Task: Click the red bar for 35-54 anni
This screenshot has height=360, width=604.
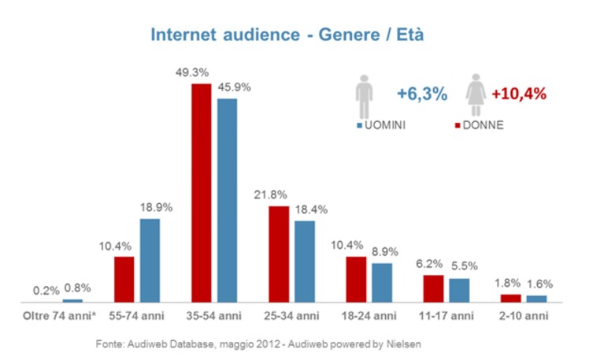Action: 202,193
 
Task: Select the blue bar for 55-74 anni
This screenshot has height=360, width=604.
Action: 150,261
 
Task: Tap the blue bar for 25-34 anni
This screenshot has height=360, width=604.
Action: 305,262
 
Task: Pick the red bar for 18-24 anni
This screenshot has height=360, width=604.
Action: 356,280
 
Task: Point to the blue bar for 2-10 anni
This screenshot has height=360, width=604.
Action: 536,299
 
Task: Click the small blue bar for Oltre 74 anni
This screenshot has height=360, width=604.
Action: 72,301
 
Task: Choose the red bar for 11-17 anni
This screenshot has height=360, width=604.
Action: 433,288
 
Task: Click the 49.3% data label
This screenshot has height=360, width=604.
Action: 192,72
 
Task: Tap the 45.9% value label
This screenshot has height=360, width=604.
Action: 234,87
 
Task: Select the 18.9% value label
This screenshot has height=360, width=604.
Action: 156,208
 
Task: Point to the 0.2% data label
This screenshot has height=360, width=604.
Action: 46,291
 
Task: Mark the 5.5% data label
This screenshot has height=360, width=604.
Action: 465,266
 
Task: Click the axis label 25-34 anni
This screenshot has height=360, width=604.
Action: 291,316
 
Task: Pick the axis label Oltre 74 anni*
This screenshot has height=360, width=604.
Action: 59,316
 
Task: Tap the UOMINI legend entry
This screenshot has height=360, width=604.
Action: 381,125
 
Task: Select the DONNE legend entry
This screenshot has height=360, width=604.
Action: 480,125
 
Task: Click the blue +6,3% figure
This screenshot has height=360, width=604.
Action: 422,94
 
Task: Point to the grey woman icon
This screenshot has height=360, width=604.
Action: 476,95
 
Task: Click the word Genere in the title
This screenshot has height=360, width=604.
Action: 349,35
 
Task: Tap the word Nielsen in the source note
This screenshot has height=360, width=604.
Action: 404,343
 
